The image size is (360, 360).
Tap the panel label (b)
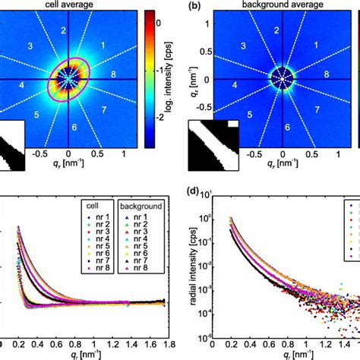pos(195,6)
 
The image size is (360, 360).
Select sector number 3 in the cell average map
pos(30,46)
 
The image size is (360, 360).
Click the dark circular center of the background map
pos(283,79)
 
